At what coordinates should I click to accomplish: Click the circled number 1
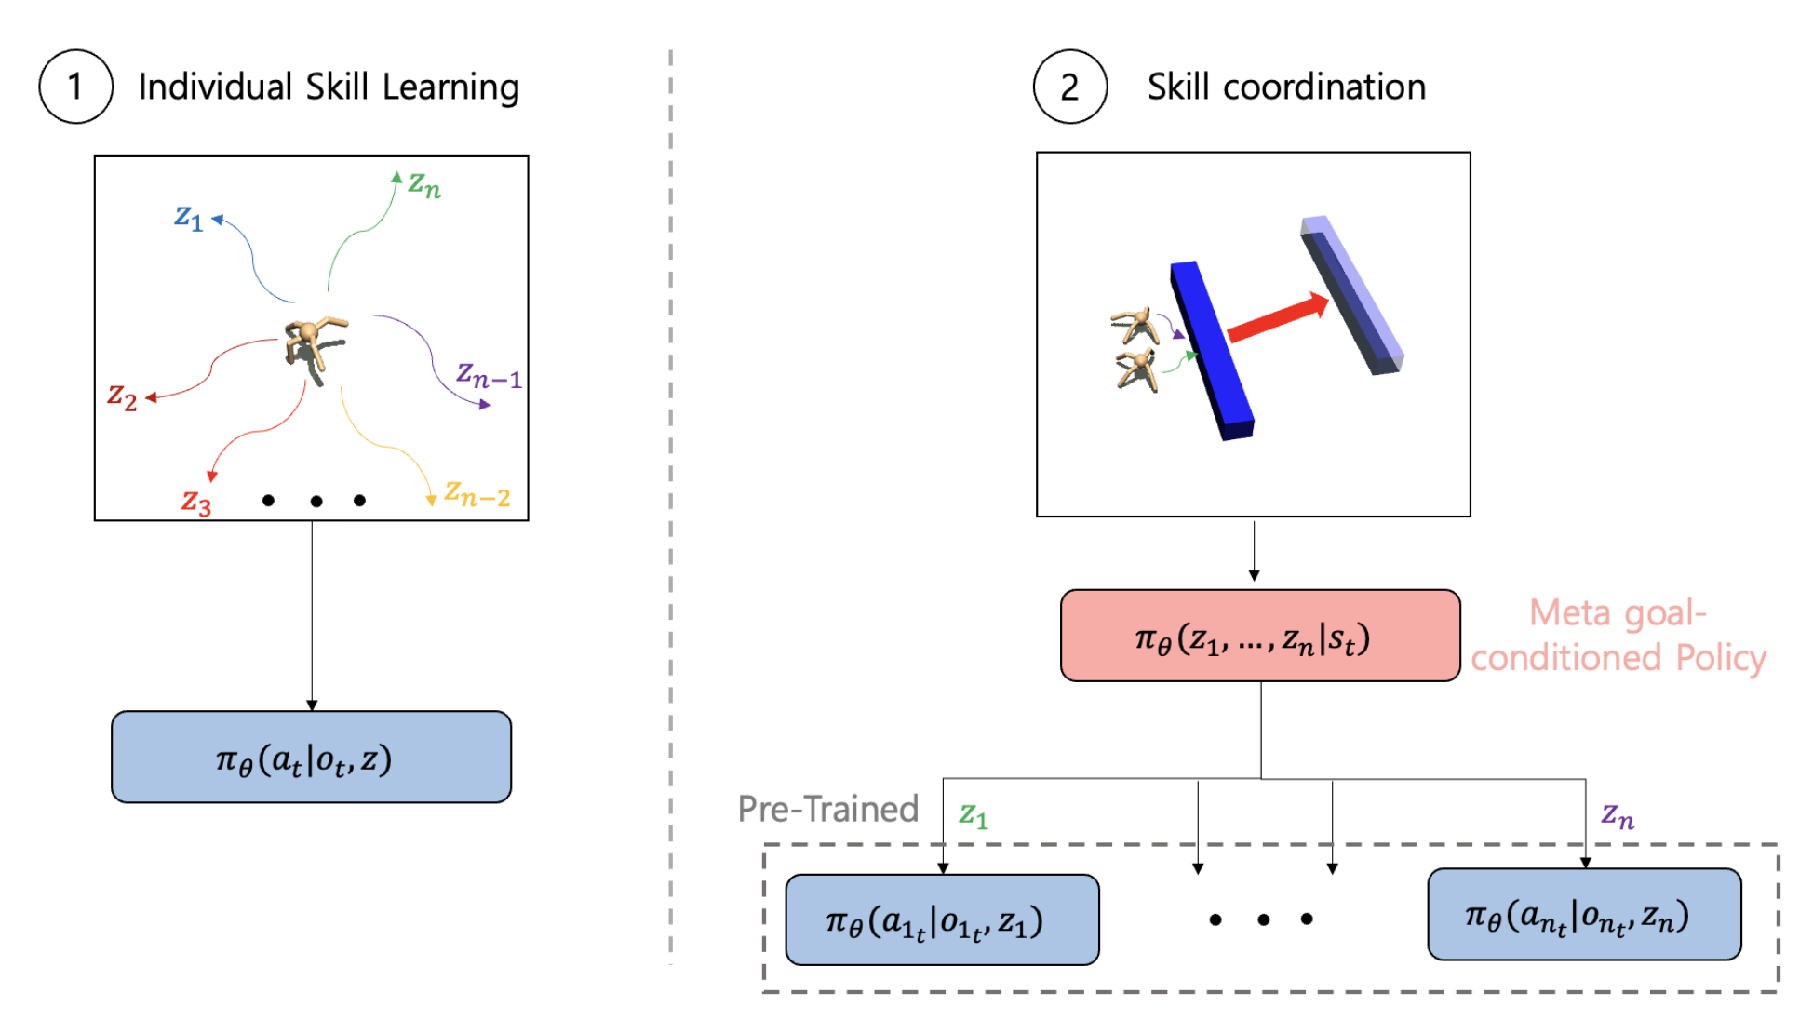click(x=75, y=87)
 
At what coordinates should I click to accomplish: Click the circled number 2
click(x=1069, y=87)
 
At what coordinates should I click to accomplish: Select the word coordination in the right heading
click(x=1323, y=87)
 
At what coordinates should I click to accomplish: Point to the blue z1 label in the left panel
click(x=188, y=217)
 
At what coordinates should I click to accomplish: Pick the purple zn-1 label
click(x=488, y=375)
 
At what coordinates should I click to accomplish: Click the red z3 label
click(x=196, y=502)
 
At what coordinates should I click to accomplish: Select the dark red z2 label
click(x=122, y=396)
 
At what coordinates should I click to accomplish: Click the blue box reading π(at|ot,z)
click(x=311, y=757)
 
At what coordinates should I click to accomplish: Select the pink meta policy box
click(x=1259, y=636)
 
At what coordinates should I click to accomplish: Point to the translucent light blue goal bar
click(x=1352, y=296)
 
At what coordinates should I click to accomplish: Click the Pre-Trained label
click(x=827, y=809)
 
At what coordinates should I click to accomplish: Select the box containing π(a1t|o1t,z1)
click(x=942, y=919)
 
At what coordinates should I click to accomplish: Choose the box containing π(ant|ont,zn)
click(x=1583, y=915)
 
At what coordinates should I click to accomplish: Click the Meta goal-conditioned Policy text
click(x=1618, y=636)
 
